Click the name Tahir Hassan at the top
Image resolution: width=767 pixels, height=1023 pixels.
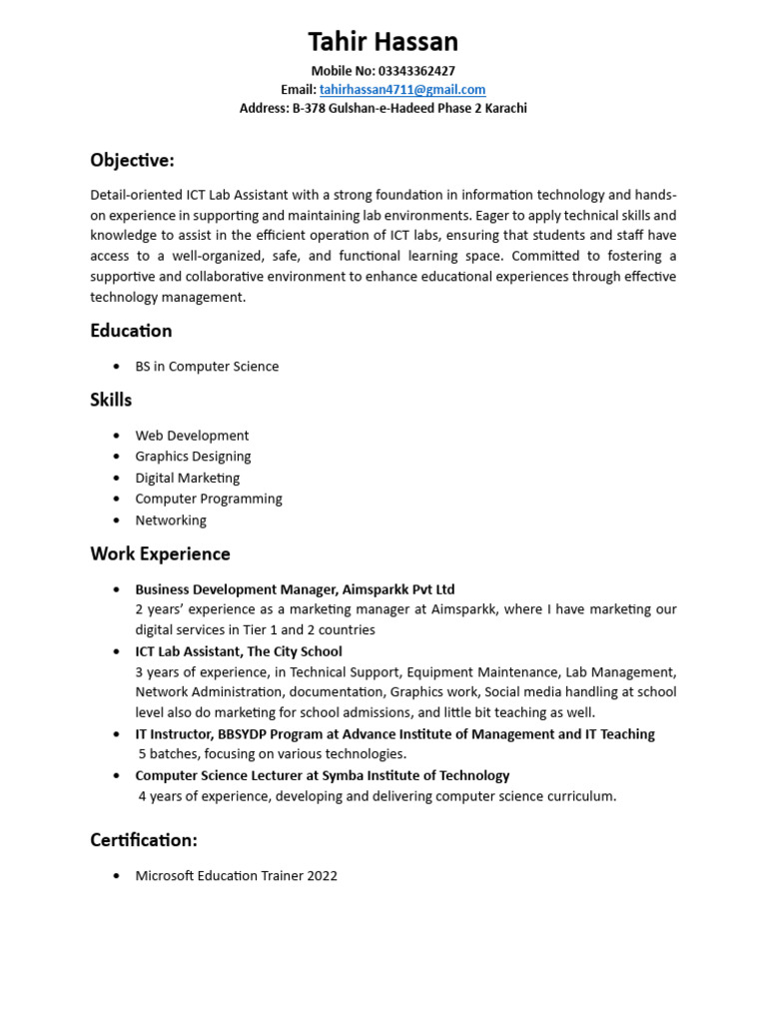tap(383, 42)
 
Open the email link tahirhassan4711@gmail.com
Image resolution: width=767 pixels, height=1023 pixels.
tap(401, 90)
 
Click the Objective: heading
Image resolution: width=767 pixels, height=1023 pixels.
tap(132, 160)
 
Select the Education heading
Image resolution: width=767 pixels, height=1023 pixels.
tap(131, 331)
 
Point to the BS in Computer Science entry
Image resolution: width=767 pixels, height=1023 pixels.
tap(207, 367)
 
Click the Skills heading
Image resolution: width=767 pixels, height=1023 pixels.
tap(111, 400)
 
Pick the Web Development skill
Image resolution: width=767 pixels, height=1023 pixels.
tap(192, 436)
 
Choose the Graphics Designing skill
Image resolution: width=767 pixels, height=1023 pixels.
tap(193, 457)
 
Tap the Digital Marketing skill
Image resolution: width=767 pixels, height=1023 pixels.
tap(188, 478)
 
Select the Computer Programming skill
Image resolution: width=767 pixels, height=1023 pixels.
tap(209, 499)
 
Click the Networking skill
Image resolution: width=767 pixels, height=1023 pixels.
tap(171, 520)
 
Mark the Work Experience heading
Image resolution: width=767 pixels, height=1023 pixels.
tap(160, 554)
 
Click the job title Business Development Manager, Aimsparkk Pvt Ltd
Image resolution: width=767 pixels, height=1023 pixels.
tap(295, 589)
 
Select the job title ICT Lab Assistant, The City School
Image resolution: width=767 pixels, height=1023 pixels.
tap(239, 651)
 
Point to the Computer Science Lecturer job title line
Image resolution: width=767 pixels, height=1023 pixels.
tap(323, 775)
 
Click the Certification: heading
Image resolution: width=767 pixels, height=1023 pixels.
tap(144, 840)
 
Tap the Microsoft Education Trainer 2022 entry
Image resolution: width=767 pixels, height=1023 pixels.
tap(237, 876)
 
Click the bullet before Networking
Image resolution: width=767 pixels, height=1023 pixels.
tap(117, 520)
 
